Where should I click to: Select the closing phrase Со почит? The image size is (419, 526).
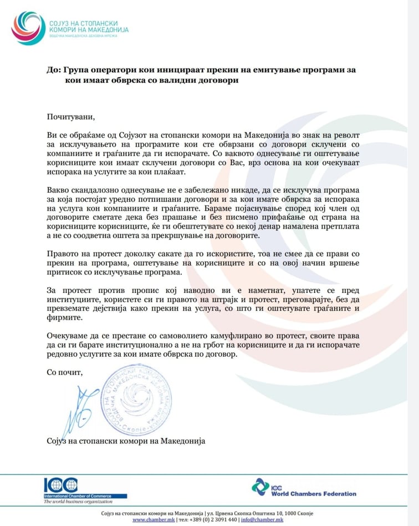[64, 372]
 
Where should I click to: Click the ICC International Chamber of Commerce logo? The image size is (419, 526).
[61, 486]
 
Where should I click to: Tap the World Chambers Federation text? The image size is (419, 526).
[314, 493]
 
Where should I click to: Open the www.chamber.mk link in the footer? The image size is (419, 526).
[154, 519]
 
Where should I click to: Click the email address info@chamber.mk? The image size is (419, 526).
[263, 519]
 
